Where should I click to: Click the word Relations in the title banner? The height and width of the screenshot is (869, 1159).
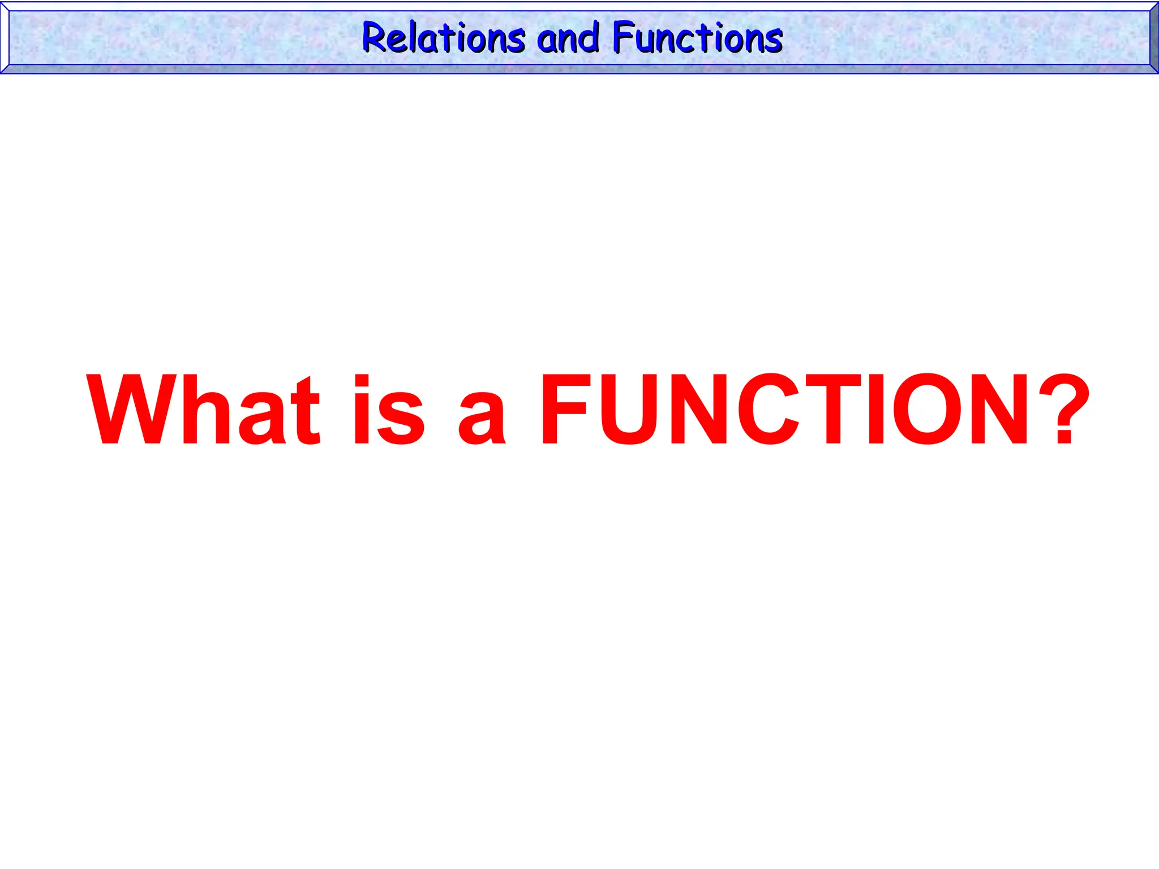(x=444, y=38)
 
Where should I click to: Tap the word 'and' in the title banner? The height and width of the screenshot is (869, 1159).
(x=568, y=38)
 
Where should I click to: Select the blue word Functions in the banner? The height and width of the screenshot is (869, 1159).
(x=698, y=38)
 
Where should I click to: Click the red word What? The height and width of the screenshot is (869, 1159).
(x=204, y=410)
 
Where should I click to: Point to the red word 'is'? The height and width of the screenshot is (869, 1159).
(x=389, y=410)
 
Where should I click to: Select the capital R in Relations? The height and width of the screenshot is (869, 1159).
(x=374, y=38)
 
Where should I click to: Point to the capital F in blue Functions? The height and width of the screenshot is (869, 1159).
(x=624, y=38)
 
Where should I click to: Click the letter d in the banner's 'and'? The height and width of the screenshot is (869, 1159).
(x=590, y=38)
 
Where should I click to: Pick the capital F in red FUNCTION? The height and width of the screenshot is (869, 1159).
(x=566, y=410)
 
